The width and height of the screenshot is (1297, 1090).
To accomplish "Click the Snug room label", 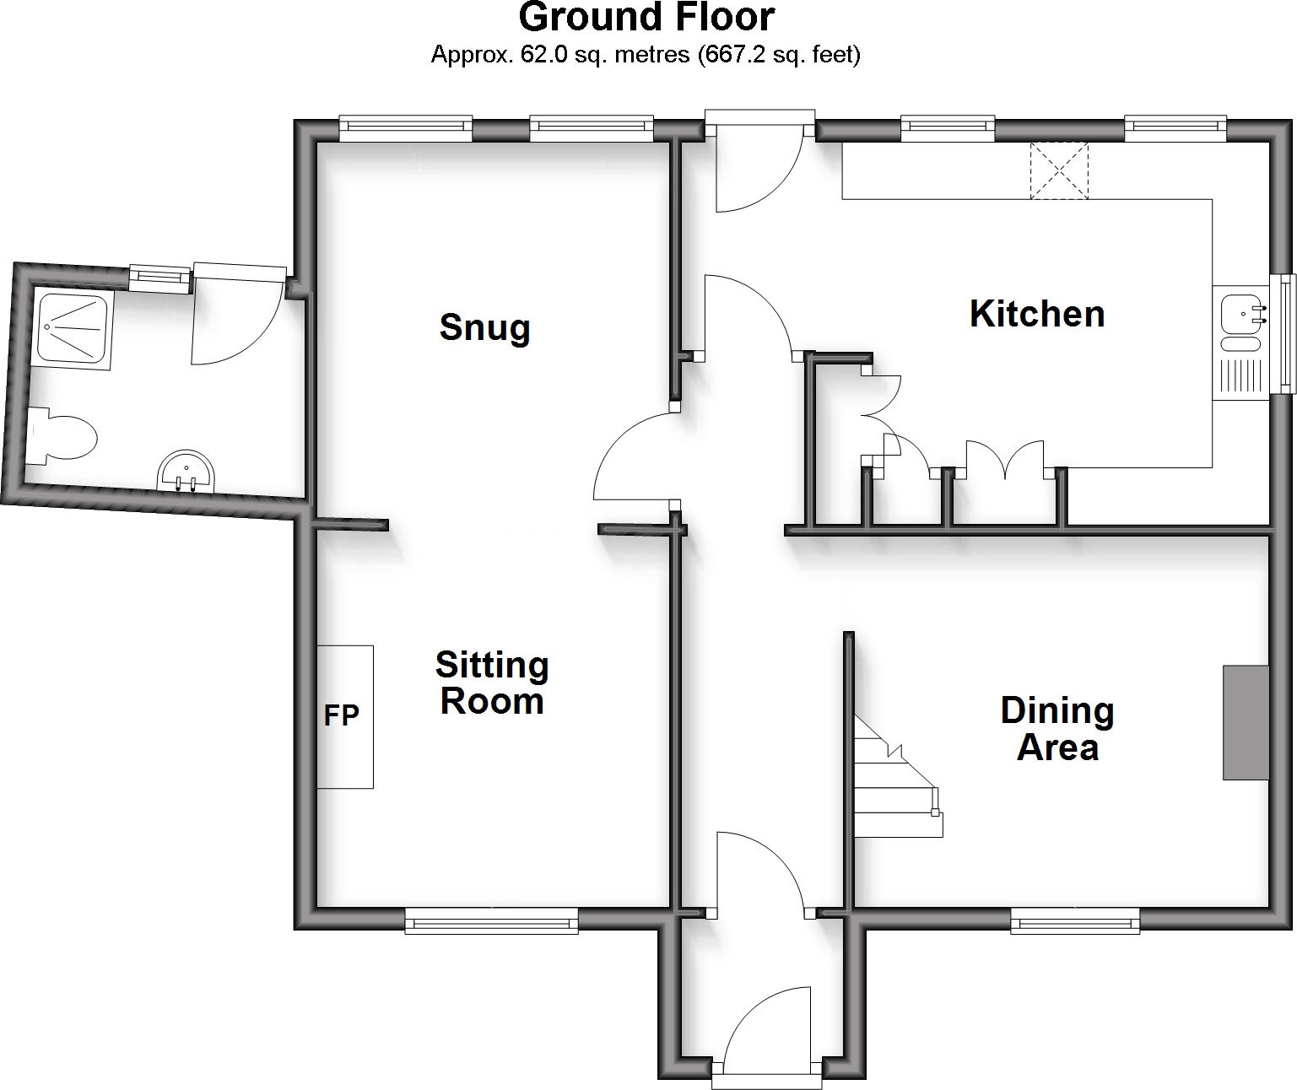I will pyautogui.click(x=484, y=327).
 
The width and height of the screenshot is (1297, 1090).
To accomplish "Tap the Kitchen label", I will pyautogui.click(x=1037, y=314).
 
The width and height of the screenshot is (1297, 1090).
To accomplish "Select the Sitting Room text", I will pyautogui.click(x=492, y=683).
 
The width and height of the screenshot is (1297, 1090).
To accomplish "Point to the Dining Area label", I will pyautogui.click(x=1057, y=729).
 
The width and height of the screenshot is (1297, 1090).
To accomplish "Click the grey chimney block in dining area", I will pyautogui.click(x=1246, y=722).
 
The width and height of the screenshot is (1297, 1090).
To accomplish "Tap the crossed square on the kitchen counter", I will pyautogui.click(x=1059, y=171).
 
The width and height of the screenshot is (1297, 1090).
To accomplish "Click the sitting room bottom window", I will pyautogui.click(x=491, y=921).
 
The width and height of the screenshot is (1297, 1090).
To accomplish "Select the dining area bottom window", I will pyautogui.click(x=1075, y=921).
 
